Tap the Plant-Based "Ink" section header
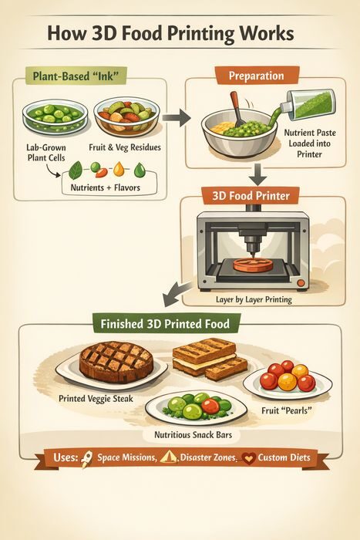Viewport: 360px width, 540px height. [76, 76]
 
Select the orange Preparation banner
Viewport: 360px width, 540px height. [257, 76]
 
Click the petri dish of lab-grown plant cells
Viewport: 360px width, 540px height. [55, 116]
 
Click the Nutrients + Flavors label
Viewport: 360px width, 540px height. [106, 187]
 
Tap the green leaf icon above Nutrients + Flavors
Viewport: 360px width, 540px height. [76, 171]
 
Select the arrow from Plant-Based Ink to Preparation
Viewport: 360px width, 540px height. [177, 118]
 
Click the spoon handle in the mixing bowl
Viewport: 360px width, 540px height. [236, 104]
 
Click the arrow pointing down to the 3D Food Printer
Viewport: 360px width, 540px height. [257, 174]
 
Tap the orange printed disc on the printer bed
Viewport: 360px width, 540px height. [253, 264]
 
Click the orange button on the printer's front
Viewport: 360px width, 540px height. [301, 283]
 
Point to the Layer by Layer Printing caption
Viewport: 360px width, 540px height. [254, 299]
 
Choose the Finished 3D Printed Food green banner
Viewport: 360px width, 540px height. [166, 324]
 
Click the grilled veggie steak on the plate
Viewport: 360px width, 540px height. [116, 362]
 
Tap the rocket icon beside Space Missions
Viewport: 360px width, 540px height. [86, 460]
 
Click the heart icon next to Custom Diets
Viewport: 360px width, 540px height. [248, 458]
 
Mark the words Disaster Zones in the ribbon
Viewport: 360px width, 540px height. [209, 457]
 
